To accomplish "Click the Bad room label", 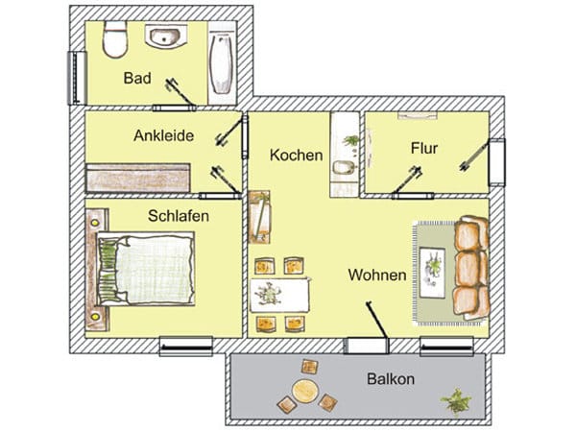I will [137, 77].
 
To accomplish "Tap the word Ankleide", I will [163, 136].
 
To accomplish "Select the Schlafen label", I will [179, 216].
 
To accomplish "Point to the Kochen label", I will [296, 155].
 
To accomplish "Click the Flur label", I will [423, 149].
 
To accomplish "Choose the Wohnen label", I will [376, 276].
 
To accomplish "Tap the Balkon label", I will [391, 379].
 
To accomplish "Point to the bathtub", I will [222, 63].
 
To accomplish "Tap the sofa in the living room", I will [472, 267].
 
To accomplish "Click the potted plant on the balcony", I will [456, 398].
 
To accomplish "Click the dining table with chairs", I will [280, 292].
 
